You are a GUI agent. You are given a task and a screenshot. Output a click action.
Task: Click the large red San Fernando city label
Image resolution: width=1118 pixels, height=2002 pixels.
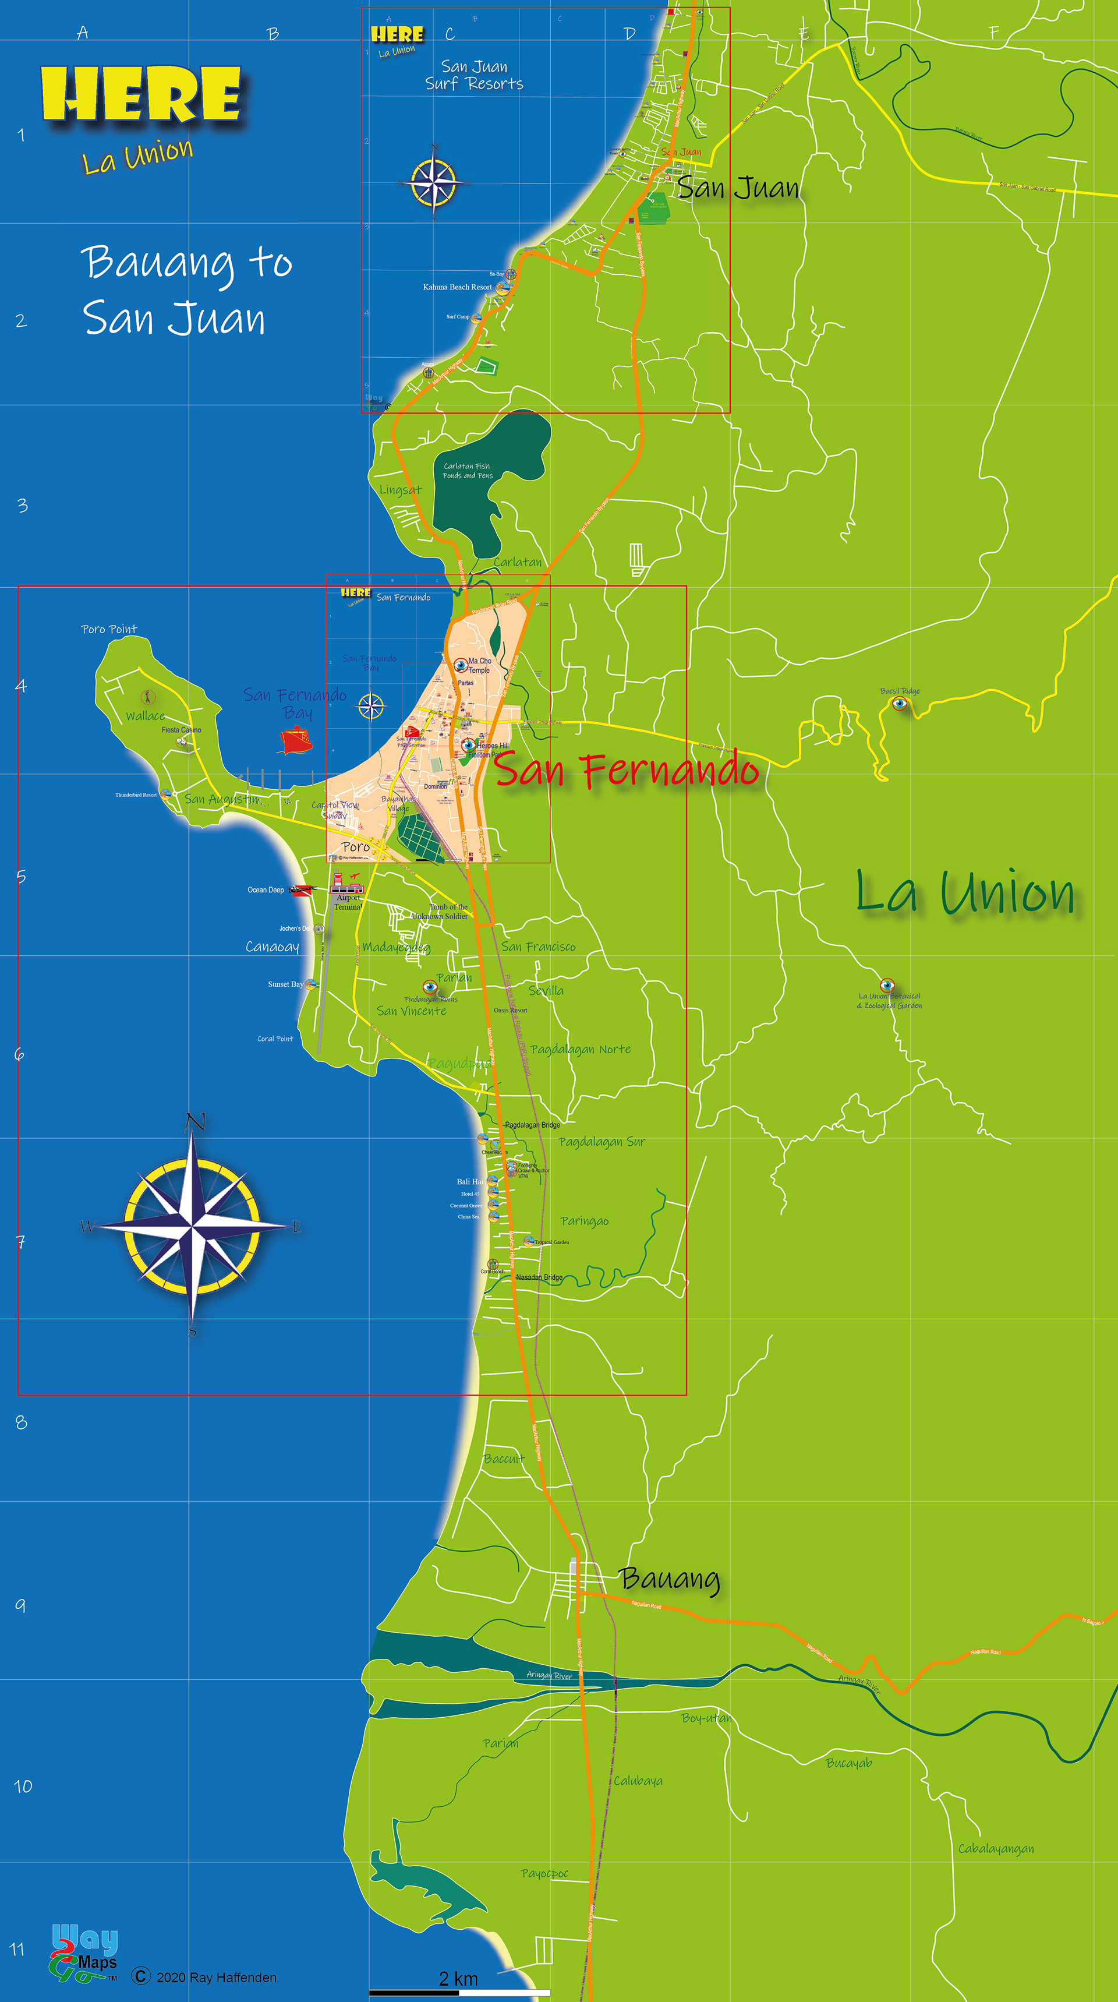tap(626, 769)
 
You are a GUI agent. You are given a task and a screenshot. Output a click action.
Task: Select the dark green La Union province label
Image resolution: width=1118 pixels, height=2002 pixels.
tap(965, 892)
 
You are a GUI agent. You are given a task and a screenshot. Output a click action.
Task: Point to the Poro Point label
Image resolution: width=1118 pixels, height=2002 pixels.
tap(109, 629)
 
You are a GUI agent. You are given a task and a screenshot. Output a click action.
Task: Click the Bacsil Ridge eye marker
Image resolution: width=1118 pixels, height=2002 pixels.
tap(900, 703)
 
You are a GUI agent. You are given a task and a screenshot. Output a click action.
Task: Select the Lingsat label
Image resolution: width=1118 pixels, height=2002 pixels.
tap(400, 490)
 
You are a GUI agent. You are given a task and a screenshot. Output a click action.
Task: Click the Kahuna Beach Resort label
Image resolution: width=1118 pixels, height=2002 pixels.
tap(457, 287)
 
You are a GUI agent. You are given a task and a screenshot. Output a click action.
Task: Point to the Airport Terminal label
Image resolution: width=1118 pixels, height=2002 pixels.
tap(348, 902)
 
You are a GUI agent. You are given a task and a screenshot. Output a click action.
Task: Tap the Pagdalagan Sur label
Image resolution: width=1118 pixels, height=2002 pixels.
tap(602, 1142)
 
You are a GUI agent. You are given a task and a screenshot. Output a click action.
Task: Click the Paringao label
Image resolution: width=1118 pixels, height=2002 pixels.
tap(585, 1221)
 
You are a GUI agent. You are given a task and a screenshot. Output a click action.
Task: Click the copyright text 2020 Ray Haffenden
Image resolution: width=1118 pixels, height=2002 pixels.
tap(216, 1977)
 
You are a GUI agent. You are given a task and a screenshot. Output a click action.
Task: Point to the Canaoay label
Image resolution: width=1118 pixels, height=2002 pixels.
tap(272, 947)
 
